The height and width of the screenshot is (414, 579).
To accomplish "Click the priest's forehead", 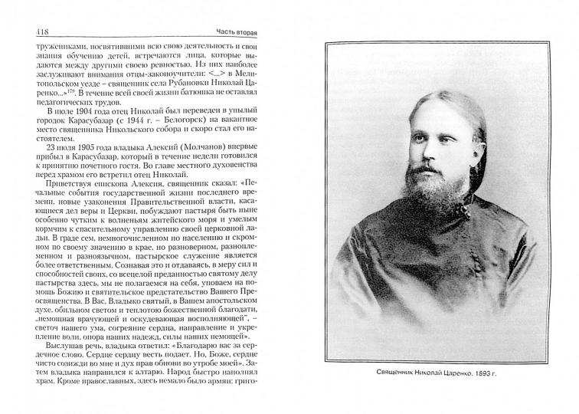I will pos(426,107).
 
